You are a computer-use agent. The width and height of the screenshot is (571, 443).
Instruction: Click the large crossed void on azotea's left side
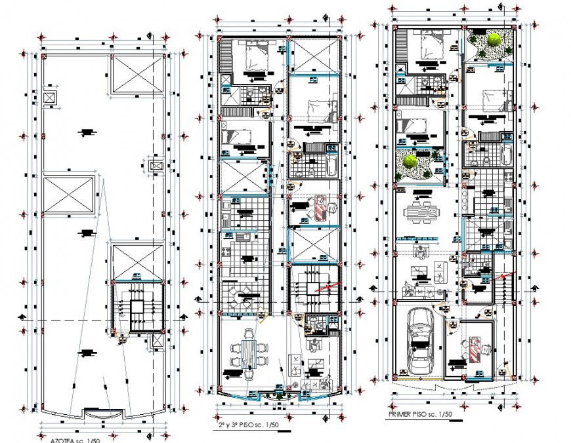tap(68, 194)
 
